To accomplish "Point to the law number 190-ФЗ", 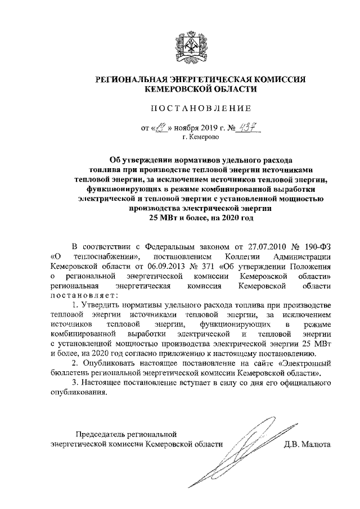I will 313,246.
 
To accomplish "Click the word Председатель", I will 104,434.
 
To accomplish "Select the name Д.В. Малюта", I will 307,444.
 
